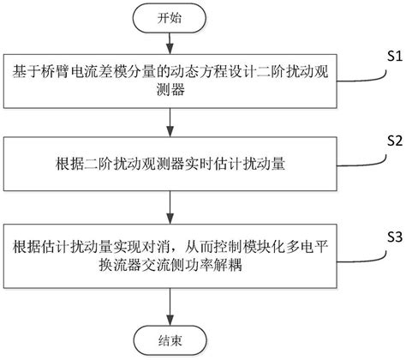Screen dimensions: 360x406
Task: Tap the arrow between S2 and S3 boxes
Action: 170,202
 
